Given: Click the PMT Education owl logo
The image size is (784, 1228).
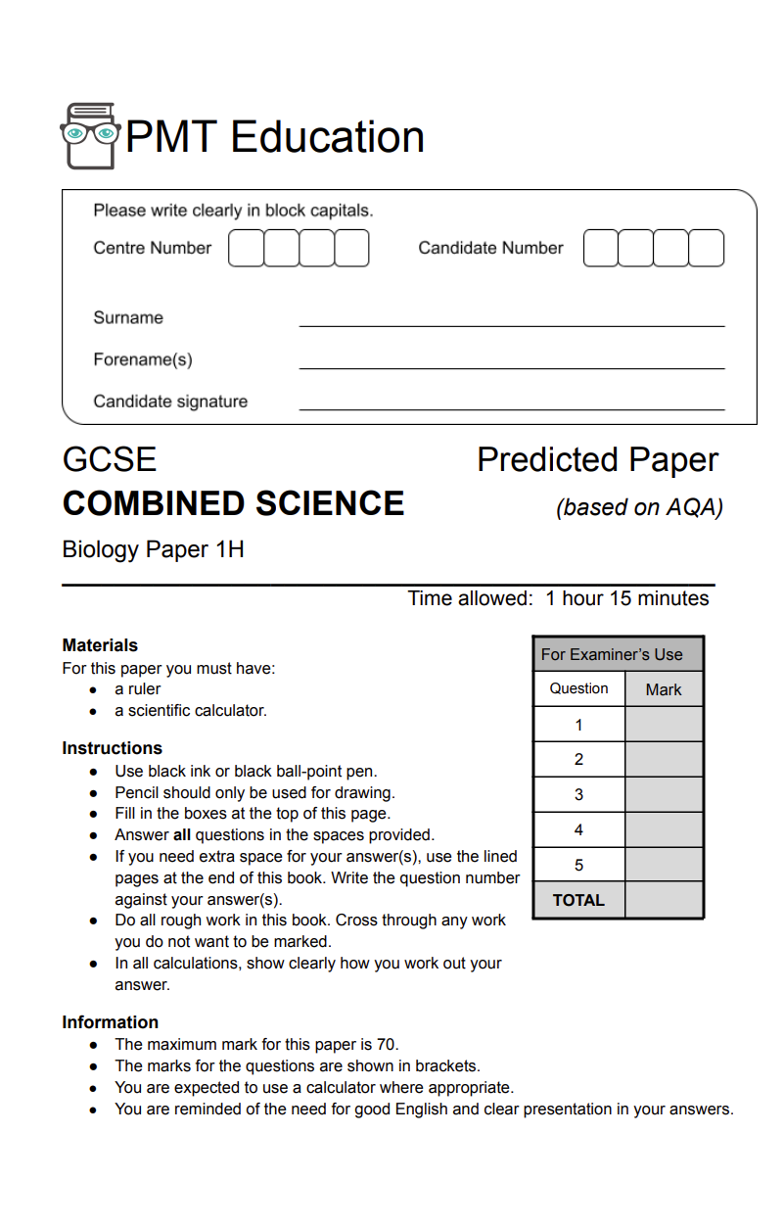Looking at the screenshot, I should click(90, 136).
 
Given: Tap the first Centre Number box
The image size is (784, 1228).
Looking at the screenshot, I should click(246, 249).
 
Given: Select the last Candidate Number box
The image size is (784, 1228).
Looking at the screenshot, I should click(706, 249).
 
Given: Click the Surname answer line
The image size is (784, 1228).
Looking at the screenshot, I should click(511, 324).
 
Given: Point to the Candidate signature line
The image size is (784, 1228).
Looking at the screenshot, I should click(511, 407).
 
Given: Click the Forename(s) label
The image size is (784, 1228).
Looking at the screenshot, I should click(143, 359).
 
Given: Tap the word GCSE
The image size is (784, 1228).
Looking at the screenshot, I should click(110, 459).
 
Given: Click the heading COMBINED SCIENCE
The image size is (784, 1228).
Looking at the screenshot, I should click(233, 503).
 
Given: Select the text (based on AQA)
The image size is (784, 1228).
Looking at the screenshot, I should click(639, 507).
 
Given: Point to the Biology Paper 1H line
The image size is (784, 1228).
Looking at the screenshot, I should click(153, 549).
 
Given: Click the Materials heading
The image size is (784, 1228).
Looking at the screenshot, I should click(100, 645).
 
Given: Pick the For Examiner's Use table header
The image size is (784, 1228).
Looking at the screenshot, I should click(618, 654).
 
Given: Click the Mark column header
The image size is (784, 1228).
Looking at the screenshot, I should click(664, 689).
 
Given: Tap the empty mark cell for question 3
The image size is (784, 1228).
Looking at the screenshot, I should click(664, 794).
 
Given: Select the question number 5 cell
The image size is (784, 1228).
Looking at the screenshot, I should click(578, 865).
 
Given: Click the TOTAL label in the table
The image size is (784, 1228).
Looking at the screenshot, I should click(578, 900).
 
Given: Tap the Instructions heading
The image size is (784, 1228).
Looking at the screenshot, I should click(112, 748).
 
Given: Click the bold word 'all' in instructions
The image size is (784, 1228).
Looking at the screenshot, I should click(182, 835).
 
